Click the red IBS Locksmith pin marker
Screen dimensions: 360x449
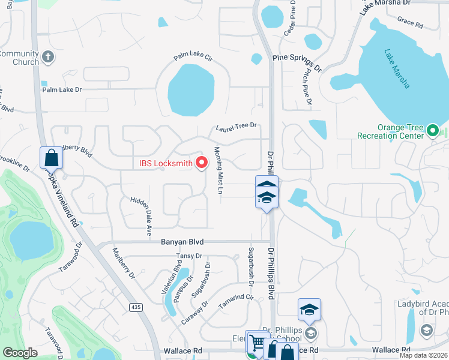tap(202, 163)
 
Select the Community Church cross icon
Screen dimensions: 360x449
tap(49, 58)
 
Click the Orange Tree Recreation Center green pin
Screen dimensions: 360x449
tap(433, 130)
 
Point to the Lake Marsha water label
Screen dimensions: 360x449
tap(397, 68)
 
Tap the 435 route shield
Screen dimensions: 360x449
tap(136, 307)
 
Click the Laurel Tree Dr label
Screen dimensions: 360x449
tap(237, 127)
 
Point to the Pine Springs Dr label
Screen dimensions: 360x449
tap(297, 59)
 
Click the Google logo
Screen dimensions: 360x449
tap(20, 353)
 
